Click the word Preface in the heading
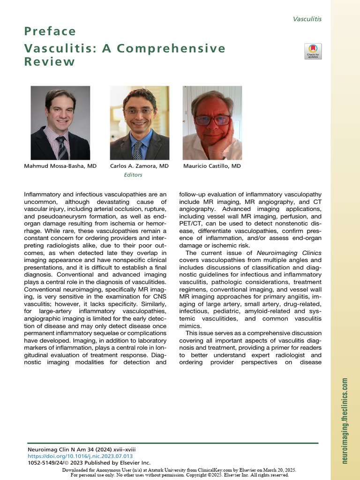pos(50,32)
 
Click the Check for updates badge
pos(313,51)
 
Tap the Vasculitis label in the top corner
pos(307,19)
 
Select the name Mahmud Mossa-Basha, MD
pos(60,166)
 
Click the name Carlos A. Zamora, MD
pos(139,166)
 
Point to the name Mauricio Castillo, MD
pos(212,166)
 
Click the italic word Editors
pos(133,175)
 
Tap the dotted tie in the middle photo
pos(137,150)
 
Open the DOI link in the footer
pos(80,456)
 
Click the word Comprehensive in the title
pos(175,49)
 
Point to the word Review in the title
pos(50,62)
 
